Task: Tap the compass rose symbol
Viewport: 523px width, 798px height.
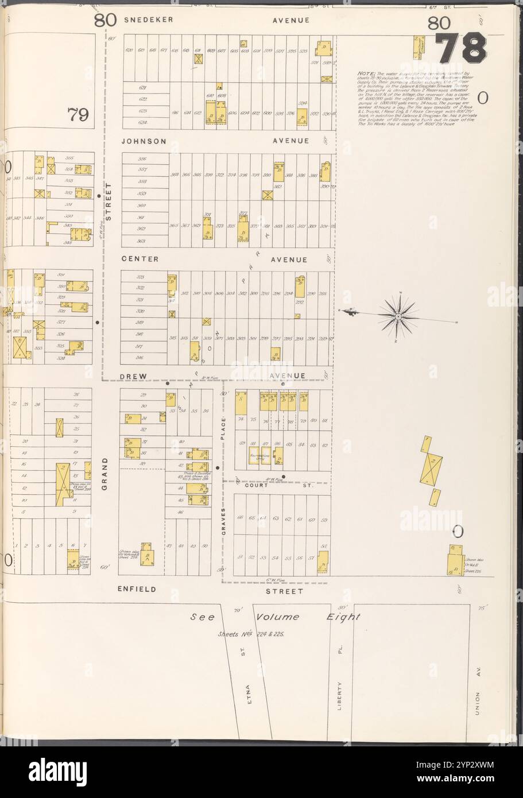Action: (x=398, y=315)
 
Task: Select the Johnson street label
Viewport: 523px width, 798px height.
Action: (x=144, y=141)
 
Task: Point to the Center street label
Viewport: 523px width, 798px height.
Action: (x=140, y=259)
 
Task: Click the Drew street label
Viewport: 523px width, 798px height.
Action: (x=134, y=376)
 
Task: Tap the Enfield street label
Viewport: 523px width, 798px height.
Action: (x=137, y=589)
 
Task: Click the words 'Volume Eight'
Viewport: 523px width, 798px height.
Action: (x=308, y=617)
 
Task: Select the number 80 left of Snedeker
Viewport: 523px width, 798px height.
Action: (x=106, y=21)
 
